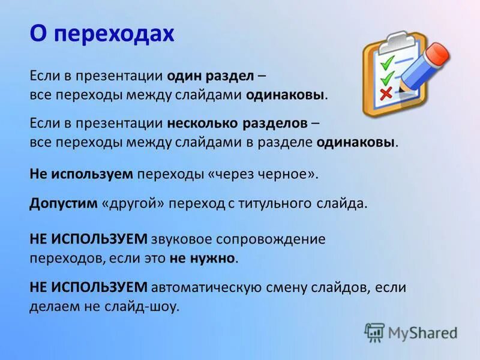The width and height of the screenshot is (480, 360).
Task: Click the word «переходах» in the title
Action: [x=113, y=34]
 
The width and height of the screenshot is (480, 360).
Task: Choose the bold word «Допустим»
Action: [x=63, y=203]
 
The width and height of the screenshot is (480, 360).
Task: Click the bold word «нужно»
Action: [x=212, y=259]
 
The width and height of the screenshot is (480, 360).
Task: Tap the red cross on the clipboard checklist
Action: [x=386, y=92]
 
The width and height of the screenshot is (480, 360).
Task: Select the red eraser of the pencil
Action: [x=439, y=53]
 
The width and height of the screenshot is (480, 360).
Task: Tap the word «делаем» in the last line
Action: [x=52, y=307]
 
